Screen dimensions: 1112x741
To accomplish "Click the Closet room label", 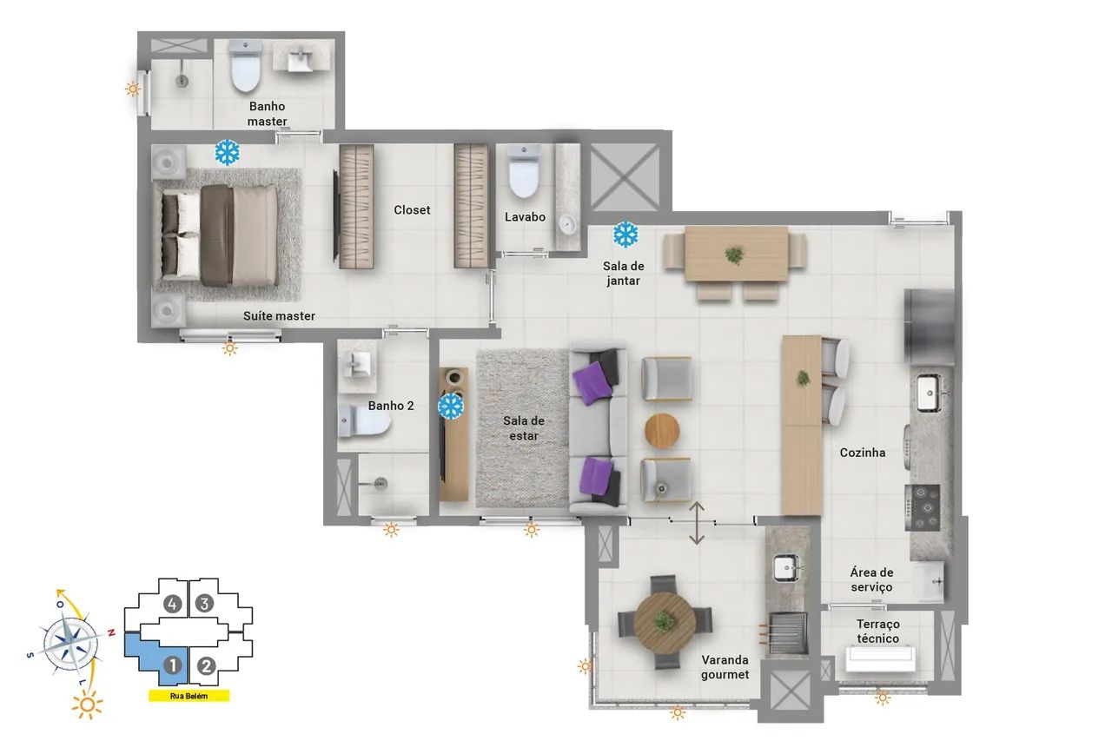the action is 412,210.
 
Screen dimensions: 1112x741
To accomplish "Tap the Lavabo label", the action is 525,217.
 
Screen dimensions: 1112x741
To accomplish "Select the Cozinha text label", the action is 863,453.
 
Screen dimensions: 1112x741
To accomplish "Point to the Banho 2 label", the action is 391,406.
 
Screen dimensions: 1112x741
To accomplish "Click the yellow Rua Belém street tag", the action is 189,697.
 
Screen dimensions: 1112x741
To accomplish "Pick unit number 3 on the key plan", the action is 204,604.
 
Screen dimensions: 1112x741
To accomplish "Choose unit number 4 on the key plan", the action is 172,604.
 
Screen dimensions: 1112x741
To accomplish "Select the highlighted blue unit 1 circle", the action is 173,665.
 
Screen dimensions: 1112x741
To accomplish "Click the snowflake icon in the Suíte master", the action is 228,152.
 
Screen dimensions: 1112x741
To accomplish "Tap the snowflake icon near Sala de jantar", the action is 625,235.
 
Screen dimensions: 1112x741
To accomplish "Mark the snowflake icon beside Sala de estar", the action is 451,406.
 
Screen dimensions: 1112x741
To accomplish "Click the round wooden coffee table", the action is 662,431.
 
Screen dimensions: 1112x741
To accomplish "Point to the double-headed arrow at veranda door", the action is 697,523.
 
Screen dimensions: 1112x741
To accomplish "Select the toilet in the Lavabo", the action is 524,178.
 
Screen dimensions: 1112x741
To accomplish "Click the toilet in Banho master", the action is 245,66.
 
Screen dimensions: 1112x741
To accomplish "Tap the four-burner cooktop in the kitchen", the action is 923,507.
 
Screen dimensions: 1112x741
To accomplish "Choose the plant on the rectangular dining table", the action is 734,255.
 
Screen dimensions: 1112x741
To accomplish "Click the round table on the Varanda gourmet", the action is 665,622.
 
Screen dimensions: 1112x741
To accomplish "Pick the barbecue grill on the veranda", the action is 788,632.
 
